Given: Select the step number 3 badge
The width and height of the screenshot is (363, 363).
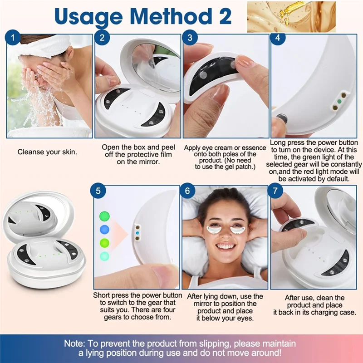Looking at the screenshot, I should click(191, 39).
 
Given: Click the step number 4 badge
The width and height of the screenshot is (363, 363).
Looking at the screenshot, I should click(278, 39).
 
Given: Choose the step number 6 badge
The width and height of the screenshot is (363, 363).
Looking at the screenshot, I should click(187, 191).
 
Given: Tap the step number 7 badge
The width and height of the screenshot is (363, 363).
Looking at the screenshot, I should click(275, 191).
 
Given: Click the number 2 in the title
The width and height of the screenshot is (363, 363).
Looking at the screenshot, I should click(221, 16).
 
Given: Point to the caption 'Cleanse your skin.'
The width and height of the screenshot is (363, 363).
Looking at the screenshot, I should click(47, 152).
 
